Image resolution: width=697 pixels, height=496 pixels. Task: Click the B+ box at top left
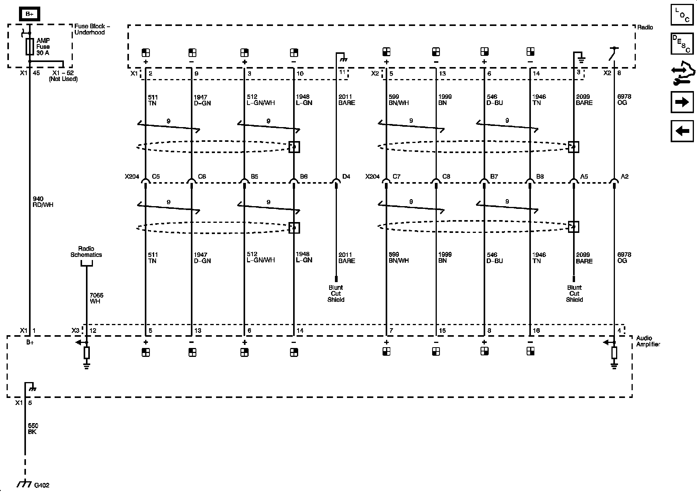click(x=29, y=14)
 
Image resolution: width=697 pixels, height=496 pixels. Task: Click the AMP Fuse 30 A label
click(x=43, y=46)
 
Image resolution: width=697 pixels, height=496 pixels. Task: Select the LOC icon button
click(x=682, y=14)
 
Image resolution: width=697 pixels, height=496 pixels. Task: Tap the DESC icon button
click(x=682, y=43)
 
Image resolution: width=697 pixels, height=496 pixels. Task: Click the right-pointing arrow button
click(x=682, y=102)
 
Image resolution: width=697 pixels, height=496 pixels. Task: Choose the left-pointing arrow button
click(x=682, y=131)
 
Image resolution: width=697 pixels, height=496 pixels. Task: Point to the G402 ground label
click(x=42, y=485)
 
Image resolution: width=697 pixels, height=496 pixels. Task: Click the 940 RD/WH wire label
click(x=43, y=202)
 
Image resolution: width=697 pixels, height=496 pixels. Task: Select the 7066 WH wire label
click(x=96, y=298)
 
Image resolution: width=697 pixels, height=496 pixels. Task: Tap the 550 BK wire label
click(x=33, y=429)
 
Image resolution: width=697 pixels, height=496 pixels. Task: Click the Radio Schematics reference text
click(x=86, y=251)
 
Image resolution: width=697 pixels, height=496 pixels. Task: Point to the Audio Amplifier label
click(x=648, y=341)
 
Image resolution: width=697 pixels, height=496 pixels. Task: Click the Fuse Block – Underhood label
click(x=92, y=29)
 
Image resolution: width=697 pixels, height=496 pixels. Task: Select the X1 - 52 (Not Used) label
click(x=63, y=76)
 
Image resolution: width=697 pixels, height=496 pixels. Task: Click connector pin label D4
click(x=346, y=177)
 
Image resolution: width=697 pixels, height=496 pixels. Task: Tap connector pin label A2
click(x=625, y=177)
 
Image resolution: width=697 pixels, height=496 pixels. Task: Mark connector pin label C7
click(x=396, y=177)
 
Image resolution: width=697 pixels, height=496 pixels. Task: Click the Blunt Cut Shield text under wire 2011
click(x=336, y=293)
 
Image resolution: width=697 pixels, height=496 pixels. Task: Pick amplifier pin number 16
click(x=536, y=331)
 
